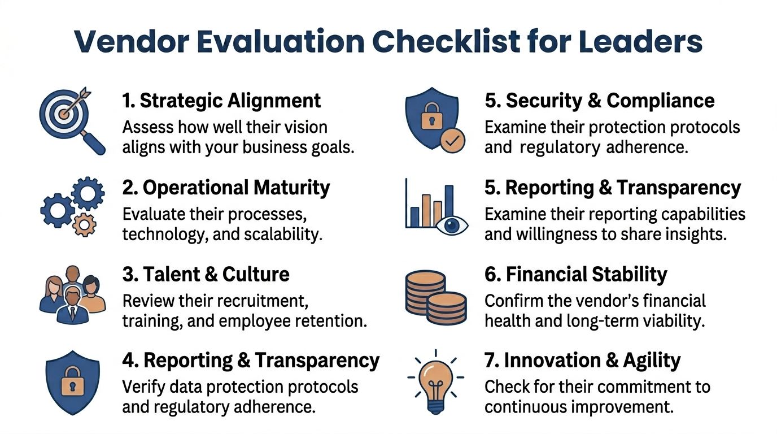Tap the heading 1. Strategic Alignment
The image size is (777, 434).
pyautogui.click(x=221, y=101)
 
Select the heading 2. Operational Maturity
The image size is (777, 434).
pyautogui.click(x=226, y=188)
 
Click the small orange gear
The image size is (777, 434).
pyautogui.click(x=85, y=225)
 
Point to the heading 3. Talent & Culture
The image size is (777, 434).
pyautogui.click(x=206, y=274)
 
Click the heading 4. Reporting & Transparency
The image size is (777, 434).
pyautogui.click(x=251, y=360)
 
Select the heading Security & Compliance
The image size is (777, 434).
pyautogui.click(x=610, y=101)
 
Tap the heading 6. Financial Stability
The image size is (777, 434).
pyautogui.click(x=576, y=274)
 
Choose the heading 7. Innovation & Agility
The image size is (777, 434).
pyautogui.click(x=583, y=360)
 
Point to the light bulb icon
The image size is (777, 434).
pyautogui.click(x=436, y=377)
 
